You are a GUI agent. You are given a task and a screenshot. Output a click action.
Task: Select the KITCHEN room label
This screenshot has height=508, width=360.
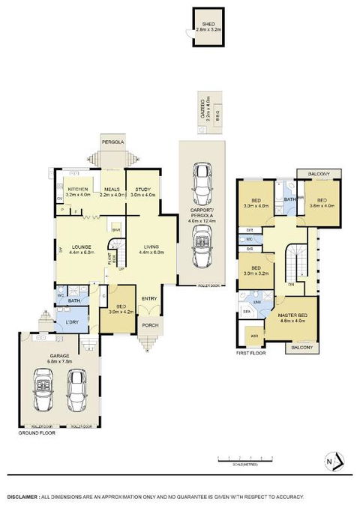78,190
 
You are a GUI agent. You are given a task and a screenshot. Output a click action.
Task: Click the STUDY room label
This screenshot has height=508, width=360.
142,190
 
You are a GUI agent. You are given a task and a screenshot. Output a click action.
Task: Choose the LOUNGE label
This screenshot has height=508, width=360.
80,247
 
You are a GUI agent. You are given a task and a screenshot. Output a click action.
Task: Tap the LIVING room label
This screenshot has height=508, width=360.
150,247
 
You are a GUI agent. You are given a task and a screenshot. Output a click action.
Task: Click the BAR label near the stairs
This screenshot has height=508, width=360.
116,229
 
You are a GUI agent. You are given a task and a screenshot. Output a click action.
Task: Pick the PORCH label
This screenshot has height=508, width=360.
148,325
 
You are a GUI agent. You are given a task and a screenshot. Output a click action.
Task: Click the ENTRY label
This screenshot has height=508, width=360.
150,299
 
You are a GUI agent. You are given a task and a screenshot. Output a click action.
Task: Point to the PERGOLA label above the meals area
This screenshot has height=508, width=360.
113,142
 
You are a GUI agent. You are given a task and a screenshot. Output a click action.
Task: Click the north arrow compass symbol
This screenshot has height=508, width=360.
337,460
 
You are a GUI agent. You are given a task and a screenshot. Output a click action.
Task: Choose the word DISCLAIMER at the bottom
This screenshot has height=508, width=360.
23,497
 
